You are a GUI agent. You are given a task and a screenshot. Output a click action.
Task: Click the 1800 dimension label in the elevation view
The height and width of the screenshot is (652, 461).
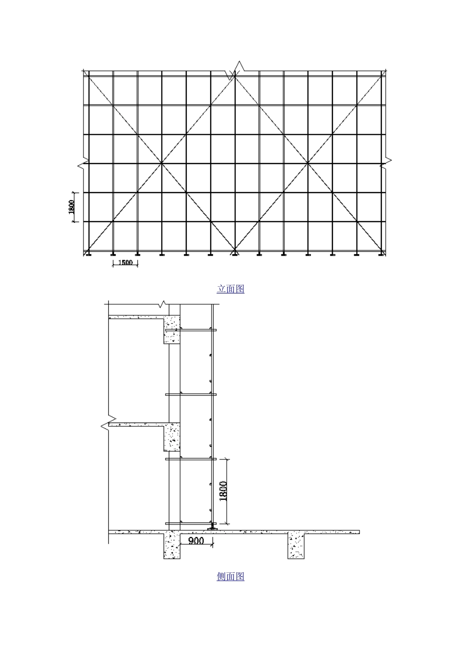point(71,207)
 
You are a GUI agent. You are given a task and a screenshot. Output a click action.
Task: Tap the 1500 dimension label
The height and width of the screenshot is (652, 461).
point(125,262)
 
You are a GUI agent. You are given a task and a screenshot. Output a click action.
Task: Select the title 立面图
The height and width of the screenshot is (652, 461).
point(230,289)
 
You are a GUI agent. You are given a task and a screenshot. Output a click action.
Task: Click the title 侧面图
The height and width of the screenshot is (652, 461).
point(230,576)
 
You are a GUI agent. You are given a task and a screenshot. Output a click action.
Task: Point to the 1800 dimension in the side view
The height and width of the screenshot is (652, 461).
point(223,491)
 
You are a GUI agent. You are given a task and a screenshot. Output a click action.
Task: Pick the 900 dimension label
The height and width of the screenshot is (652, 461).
point(196,540)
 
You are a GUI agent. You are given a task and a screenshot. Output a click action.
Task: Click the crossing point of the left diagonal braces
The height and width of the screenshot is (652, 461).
point(162,163)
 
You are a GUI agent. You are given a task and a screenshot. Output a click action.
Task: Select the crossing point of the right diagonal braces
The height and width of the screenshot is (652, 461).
point(308,163)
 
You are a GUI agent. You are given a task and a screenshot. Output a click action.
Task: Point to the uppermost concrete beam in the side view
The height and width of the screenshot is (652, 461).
point(172,330)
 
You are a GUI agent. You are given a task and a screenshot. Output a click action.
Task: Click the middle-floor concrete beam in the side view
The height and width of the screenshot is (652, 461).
point(172,437)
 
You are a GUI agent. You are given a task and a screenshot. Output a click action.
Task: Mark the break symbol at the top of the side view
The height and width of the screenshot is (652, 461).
point(164,306)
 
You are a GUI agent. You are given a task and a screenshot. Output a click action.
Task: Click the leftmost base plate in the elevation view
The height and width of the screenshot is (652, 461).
point(88,254)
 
